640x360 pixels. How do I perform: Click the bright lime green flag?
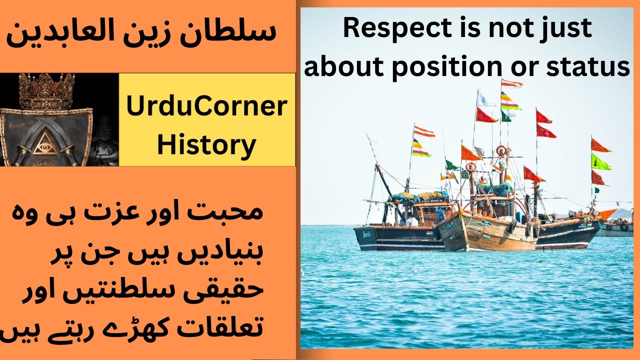(x=600, y=161)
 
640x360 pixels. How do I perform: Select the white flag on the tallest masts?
(x=484, y=99)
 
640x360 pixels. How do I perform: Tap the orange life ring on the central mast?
(x=501, y=150)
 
